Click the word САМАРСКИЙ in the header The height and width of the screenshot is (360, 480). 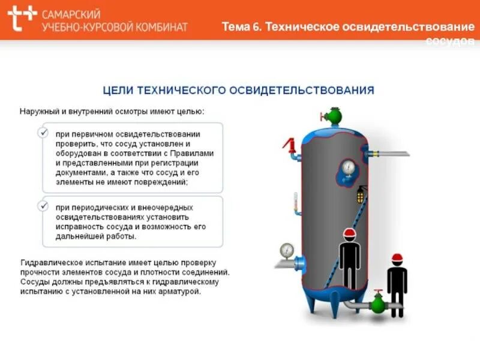point(71,13)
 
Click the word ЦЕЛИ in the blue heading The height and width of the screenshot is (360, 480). point(118,91)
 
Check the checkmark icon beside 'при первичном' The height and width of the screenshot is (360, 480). point(43,133)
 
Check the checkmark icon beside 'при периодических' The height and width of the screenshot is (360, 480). point(43,206)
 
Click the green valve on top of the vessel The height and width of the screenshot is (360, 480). point(330,114)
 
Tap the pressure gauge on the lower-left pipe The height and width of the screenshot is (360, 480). point(287,249)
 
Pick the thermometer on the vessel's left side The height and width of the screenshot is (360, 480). point(295,202)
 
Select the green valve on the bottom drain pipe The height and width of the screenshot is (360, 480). point(377,303)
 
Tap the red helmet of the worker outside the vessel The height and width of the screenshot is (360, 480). point(397,258)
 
